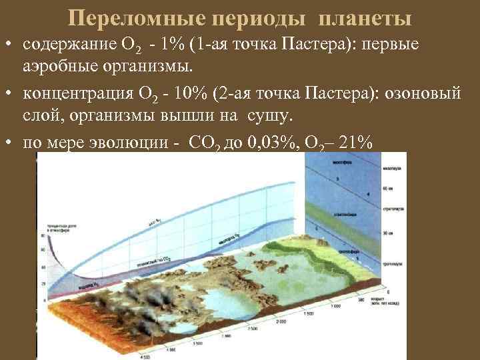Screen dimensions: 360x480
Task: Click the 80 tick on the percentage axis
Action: pos(43,235)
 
